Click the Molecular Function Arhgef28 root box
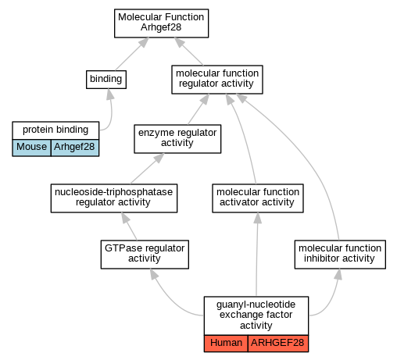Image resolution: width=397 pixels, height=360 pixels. [x=161, y=23]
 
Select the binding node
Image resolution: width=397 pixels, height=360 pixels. [x=106, y=80]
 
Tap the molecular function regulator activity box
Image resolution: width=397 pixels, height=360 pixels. [x=217, y=80]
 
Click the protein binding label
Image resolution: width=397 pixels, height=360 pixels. [x=55, y=130]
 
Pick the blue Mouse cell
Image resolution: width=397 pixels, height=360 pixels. [x=31, y=148]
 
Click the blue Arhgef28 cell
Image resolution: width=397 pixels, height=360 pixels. [x=75, y=148]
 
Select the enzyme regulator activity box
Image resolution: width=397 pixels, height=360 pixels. [x=177, y=139]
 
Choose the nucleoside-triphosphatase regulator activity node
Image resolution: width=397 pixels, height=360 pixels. [x=114, y=198]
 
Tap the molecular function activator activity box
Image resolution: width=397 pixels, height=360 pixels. [x=258, y=198]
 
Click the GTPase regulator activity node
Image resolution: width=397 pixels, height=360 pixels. [x=145, y=255]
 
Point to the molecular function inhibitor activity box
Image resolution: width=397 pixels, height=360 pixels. [x=340, y=255]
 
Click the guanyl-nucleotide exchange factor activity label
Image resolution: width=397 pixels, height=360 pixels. [x=256, y=315]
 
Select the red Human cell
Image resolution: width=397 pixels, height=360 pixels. [x=226, y=344]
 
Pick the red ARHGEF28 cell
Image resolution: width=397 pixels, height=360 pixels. [x=278, y=344]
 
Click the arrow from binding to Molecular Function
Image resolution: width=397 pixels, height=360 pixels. [x=132, y=54]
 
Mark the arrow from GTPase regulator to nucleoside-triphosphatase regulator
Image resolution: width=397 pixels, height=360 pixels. [x=129, y=226]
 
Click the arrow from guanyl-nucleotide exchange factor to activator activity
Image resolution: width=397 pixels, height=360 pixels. [x=257, y=255]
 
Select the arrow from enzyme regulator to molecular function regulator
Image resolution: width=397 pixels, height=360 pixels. [x=198, y=109]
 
